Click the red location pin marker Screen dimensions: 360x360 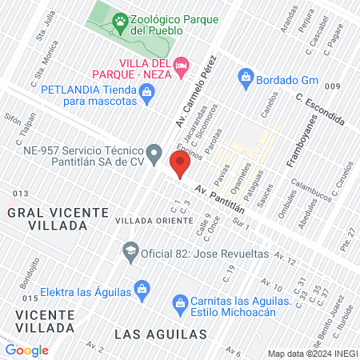(x=180, y=165)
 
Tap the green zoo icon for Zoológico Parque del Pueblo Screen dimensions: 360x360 (x=120, y=22)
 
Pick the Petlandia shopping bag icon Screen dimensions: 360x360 (x=146, y=94)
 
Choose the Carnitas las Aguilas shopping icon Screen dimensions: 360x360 (x=180, y=303)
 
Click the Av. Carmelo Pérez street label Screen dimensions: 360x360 (x=195, y=91)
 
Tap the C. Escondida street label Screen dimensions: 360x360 (x=319, y=110)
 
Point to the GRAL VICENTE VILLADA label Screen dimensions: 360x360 (x=58, y=218)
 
